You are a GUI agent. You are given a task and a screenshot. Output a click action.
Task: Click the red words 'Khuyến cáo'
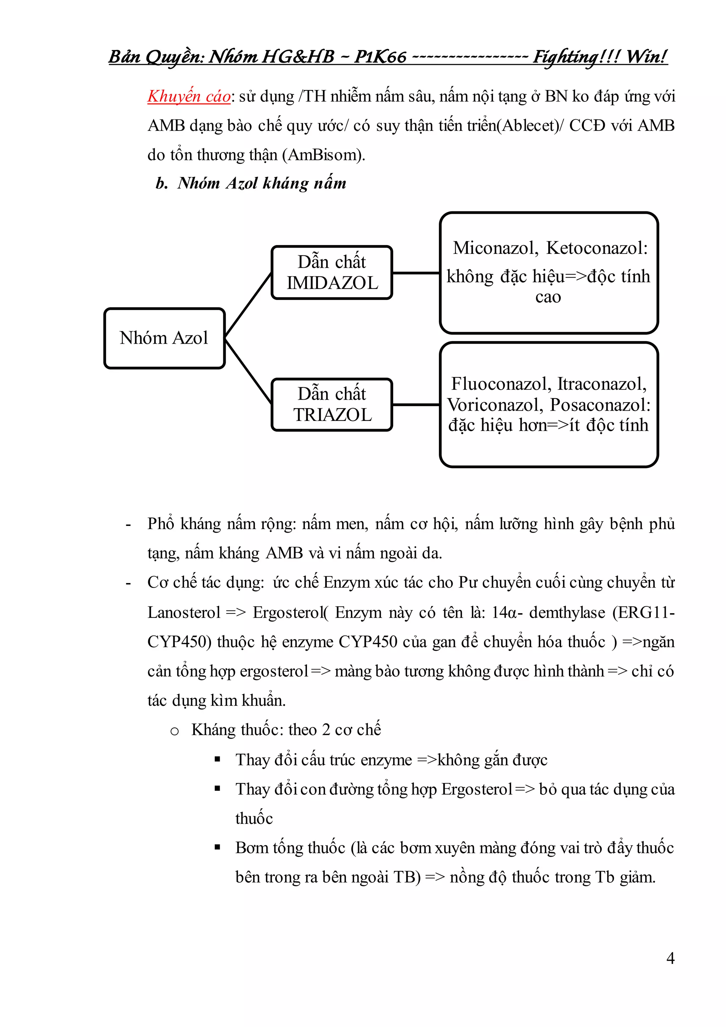click(x=189, y=96)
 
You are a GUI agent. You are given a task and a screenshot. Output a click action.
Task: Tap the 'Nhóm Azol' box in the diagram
click(x=164, y=338)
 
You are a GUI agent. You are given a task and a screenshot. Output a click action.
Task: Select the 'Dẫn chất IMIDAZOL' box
click(x=332, y=272)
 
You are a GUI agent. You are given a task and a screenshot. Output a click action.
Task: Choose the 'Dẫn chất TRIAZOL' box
click(x=332, y=404)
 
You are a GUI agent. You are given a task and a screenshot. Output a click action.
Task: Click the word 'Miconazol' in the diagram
click(x=495, y=248)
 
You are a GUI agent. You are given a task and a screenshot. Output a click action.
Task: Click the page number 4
click(x=670, y=958)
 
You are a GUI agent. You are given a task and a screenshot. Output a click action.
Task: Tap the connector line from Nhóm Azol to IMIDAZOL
click(x=248, y=304)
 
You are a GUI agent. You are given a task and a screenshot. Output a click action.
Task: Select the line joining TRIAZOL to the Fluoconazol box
click(x=416, y=404)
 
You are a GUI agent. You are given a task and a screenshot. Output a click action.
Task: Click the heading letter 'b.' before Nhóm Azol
click(x=161, y=183)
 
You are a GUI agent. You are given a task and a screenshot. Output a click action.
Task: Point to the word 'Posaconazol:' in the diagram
click(x=600, y=405)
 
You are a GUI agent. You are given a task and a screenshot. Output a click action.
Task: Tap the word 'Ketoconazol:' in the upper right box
click(x=597, y=248)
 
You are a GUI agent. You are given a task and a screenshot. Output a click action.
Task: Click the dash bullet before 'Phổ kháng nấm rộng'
click(x=128, y=525)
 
